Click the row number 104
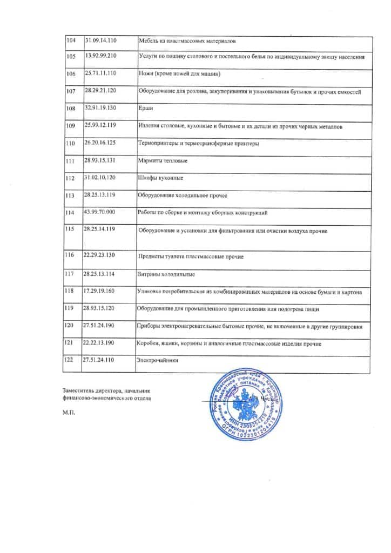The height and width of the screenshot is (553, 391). (x=71, y=41)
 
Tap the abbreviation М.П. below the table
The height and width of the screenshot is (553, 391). (x=69, y=414)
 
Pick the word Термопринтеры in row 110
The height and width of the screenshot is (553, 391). (x=159, y=144)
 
